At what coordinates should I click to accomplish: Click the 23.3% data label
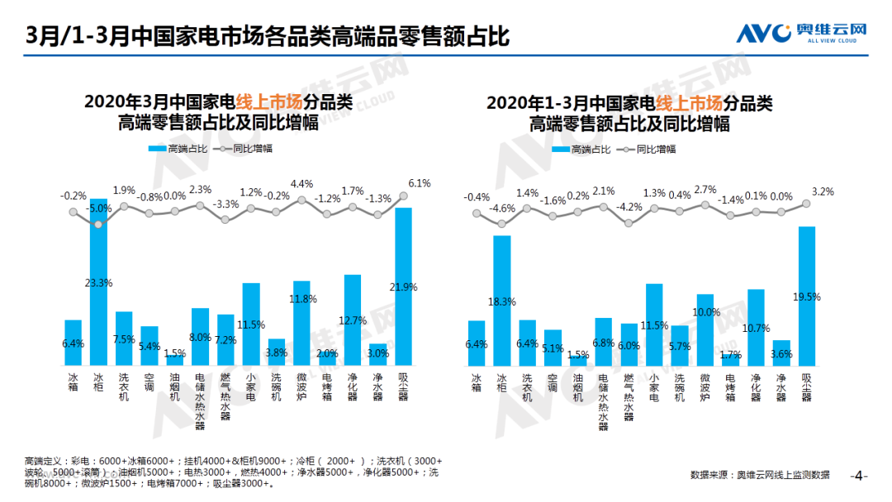(x=98, y=282)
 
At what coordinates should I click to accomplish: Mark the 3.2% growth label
(x=823, y=192)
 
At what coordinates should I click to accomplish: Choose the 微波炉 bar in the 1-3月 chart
(x=705, y=330)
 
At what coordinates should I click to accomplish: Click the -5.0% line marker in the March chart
(x=98, y=223)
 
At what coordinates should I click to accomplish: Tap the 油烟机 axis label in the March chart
(x=174, y=385)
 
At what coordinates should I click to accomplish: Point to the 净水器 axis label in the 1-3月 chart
(x=781, y=385)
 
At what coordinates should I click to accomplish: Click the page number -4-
(x=859, y=476)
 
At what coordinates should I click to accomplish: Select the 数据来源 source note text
(x=760, y=475)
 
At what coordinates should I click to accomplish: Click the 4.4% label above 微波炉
(x=302, y=183)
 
